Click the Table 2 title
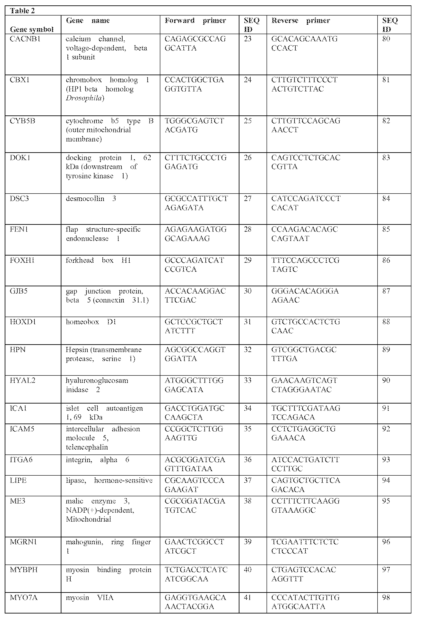tap(22, 11)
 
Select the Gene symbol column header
tap(31, 29)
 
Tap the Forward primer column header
tap(195, 21)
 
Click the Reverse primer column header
tap(300, 21)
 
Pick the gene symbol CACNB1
tap(25, 39)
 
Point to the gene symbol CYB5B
tap(22, 121)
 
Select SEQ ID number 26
tap(248, 158)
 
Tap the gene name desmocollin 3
tap(91, 199)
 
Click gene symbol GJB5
tap(18, 291)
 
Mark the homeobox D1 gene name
tap(91, 322)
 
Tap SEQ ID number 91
tap(386, 408)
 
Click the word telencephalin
tap(87, 447)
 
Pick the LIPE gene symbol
tap(18, 480)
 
